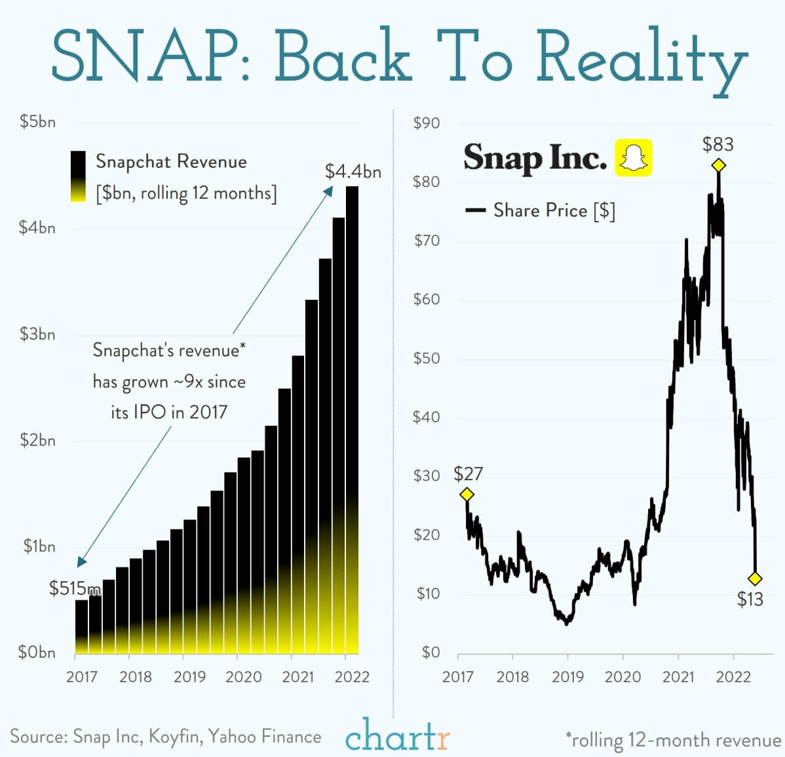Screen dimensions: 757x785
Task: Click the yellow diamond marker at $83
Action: pos(719,165)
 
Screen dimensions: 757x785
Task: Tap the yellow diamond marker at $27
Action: pos(467,495)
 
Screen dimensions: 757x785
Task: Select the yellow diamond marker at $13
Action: pos(755,579)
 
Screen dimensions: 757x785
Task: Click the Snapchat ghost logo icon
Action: pos(633,157)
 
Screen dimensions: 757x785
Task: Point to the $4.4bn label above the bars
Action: pos(353,171)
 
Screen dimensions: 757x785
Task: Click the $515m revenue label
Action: pos(75,588)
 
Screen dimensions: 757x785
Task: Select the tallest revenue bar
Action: pos(353,420)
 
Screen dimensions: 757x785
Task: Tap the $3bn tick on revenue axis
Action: pos(38,334)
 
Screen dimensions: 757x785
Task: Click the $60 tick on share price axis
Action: pos(427,299)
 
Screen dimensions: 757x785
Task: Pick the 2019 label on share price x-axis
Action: pos(567,676)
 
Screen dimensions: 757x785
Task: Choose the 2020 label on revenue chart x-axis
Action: pos(244,676)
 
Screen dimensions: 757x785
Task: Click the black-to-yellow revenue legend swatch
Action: pos(78,176)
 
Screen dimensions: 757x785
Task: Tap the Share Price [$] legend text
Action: pos(554,211)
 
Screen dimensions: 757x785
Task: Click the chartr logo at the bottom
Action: pos(397,735)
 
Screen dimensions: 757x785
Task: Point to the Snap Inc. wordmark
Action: pos(535,157)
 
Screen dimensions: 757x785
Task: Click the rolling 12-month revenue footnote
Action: pos(674,740)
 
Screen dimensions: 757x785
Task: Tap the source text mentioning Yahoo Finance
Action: pos(165,736)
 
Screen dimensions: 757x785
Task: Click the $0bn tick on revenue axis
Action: pos(37,653)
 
